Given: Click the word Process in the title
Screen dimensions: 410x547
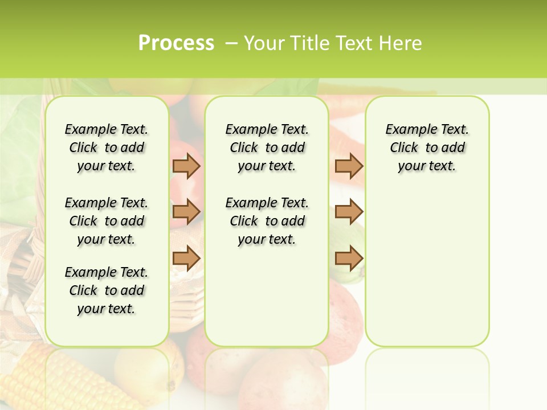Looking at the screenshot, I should [x=176, y=43].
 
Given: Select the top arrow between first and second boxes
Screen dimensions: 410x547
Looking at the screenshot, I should [x=186, y=166].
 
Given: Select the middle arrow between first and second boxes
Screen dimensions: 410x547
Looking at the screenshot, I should [x=186, y=212].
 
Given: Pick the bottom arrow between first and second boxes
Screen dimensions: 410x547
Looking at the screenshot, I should [x=186, y=259].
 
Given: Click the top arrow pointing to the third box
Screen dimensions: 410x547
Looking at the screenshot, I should [x=349, y=166].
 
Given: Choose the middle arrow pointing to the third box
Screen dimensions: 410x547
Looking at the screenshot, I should [x=349, y=212].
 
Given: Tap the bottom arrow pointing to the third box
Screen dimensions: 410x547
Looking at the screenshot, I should [x=349, y=259].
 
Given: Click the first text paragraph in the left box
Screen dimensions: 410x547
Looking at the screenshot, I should [x=107, y=147].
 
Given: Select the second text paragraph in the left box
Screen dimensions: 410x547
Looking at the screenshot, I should [x=107, y=221].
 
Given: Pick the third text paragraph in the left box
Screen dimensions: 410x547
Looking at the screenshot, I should [x=107, y=290].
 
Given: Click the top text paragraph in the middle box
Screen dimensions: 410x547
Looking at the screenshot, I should [x=267, y=147].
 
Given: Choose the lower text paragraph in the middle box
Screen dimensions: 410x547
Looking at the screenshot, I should [x=267, y=221].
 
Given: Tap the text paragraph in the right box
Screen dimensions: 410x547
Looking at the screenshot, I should [x=427, y=147].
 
